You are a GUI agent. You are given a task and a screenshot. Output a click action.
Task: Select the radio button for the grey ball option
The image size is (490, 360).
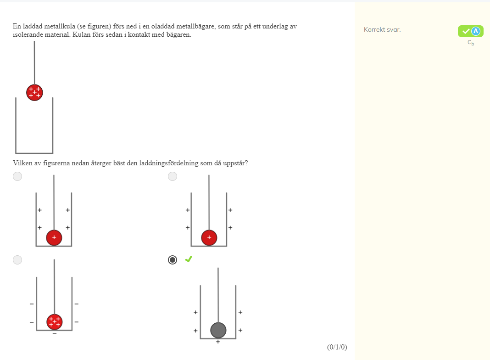(x=173, y=260)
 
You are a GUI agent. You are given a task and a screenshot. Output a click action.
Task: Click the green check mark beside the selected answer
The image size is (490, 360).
(x=189, y=259)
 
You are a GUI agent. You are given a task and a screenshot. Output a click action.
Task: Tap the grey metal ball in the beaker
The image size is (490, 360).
(x=218, y=330)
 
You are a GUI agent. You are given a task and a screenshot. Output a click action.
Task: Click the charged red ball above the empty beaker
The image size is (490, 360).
(x=34, y=93)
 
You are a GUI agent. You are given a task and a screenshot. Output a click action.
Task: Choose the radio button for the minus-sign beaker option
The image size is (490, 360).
(x=17, y=260)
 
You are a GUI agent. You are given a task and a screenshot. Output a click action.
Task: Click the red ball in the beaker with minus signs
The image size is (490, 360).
(x=55, y=322)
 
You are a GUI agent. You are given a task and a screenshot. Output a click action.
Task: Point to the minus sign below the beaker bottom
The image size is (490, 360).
(x=55, y=334)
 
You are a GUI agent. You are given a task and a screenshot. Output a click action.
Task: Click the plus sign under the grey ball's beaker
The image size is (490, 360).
(x=218, y=342)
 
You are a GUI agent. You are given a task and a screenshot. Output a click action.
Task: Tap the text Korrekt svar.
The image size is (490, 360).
(x=382, y=30)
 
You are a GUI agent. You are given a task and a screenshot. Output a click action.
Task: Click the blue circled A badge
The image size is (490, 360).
(x=476, y=31)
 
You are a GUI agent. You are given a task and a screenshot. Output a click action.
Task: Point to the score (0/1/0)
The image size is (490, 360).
(x=337, y=347)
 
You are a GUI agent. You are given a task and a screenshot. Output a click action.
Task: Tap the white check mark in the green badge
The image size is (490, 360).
(x=466, y=31)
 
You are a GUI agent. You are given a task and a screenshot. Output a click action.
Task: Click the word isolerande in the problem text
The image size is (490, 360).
(x=27, y=35)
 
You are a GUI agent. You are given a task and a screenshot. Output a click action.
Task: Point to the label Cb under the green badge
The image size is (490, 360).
(x=471, y=43)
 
